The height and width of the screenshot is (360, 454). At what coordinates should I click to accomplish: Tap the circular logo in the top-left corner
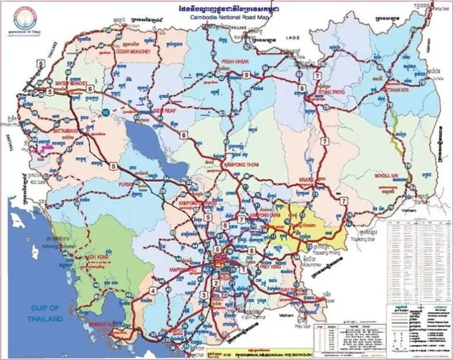[x=24, y=17]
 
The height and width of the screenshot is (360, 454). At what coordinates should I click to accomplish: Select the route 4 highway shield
[x=153, y=290]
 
